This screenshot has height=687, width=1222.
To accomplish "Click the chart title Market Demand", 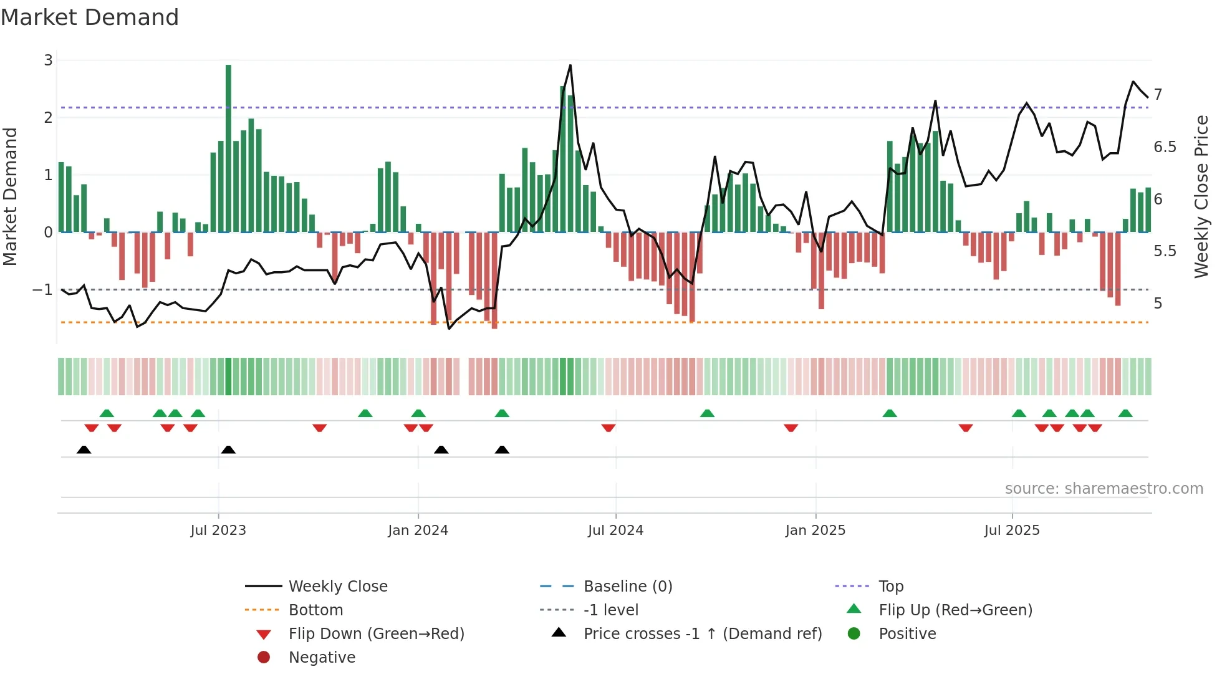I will point(90,17).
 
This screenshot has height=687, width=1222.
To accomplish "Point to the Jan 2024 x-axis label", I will point(418,531).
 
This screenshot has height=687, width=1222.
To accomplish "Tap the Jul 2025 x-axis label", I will point(1012,531).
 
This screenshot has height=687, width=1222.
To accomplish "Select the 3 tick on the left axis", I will point(48,60).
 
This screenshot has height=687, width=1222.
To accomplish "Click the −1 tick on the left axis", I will point(43,290).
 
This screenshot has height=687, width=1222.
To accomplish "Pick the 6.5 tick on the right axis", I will point(1165,147).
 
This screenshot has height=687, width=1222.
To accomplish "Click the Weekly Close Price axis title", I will point(1201,196).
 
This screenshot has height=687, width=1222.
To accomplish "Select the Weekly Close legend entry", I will point(337,587).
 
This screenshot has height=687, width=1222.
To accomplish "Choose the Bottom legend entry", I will point(315,610).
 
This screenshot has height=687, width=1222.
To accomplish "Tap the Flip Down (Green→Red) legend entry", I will point(376,634).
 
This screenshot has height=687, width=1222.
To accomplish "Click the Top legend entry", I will point(890,587).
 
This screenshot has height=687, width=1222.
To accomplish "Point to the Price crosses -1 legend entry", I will point(702,634).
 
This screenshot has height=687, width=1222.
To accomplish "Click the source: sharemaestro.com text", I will point(1104,489).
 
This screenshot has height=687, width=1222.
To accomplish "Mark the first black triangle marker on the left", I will point(84,449).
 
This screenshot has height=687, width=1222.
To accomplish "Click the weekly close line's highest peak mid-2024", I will point(570,66).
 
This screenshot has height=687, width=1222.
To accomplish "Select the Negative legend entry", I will point(322,658).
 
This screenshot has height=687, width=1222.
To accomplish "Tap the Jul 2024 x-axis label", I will point(615,531).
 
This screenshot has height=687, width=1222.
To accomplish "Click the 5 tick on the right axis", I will point(1158,304).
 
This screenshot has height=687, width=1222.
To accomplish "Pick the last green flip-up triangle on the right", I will point(1125,413).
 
